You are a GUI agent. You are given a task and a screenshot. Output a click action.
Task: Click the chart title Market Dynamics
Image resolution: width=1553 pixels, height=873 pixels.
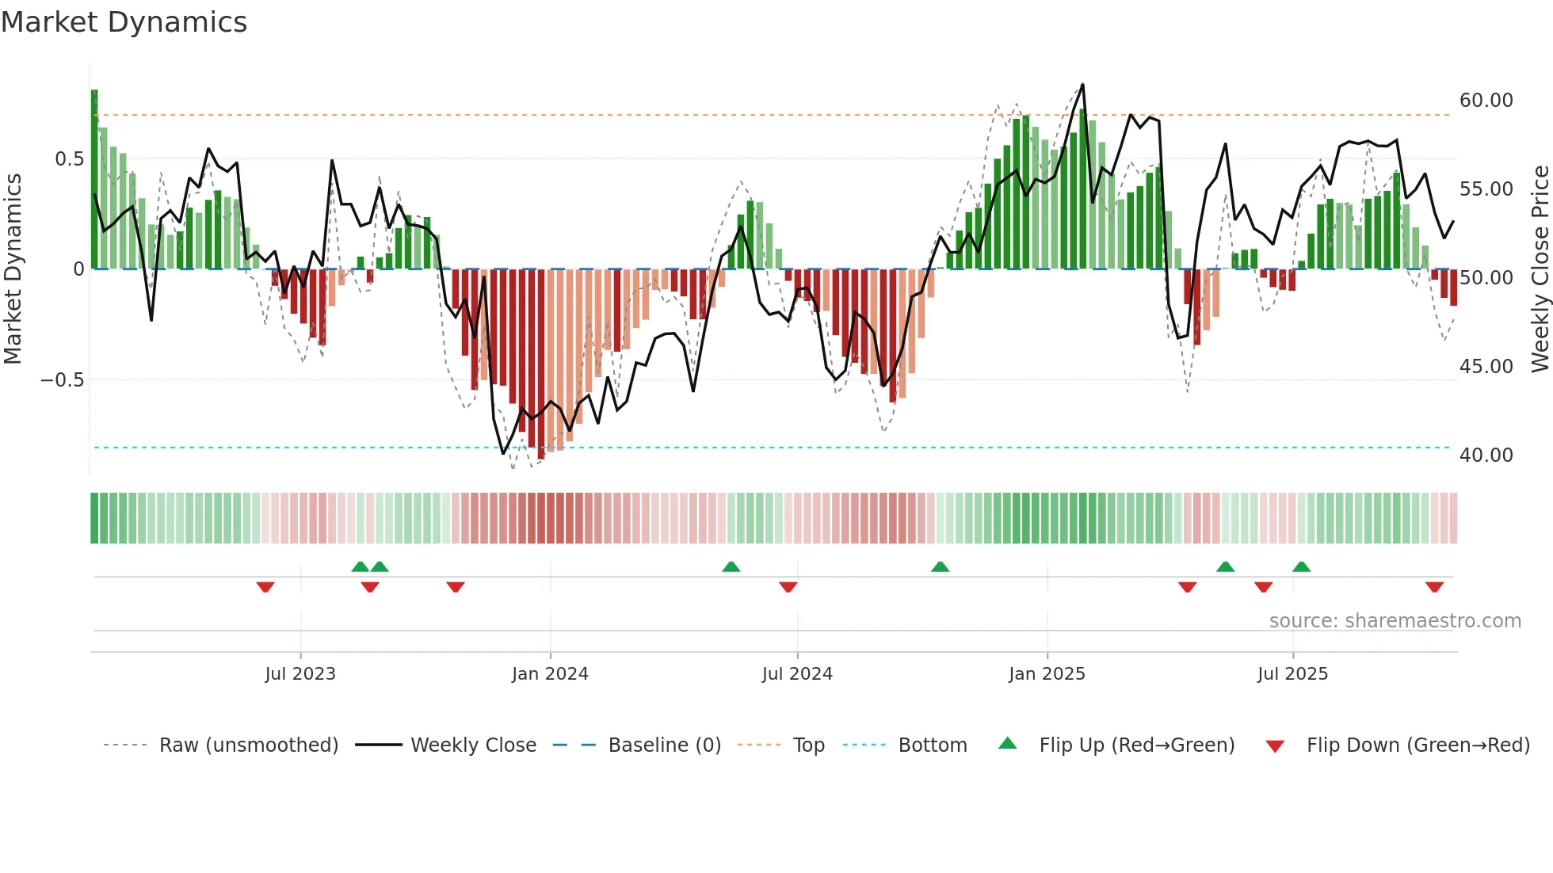[124, 22]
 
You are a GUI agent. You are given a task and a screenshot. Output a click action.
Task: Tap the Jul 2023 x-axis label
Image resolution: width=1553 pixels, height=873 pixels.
[300, 674]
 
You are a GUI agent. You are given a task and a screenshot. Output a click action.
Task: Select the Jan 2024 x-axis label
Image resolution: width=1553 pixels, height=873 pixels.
[550, 674]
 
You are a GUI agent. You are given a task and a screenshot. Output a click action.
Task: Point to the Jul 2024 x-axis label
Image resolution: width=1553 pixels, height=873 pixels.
[797, 674]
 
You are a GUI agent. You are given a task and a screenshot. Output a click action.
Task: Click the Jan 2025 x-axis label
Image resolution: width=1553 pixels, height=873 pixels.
[1047, 674]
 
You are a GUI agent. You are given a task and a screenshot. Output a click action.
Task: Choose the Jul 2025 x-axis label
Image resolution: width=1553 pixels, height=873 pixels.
[1292, 674]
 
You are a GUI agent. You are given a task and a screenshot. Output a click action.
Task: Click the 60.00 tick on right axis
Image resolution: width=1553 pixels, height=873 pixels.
[1486, 101]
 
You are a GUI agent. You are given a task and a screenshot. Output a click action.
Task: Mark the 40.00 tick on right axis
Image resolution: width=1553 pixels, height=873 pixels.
[1486, 456]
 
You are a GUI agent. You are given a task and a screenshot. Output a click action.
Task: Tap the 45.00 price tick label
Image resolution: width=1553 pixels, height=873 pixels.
[1486, 367]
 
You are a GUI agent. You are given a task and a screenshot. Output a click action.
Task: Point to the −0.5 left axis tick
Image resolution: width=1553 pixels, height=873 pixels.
[63, 380]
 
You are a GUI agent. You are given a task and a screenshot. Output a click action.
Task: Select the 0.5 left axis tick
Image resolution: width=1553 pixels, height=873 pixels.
[69, 159]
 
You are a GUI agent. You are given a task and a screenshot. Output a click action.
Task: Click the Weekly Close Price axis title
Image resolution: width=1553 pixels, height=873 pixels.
[1540, 269]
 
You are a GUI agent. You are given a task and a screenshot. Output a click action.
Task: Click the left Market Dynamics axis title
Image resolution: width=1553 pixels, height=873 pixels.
[13, 269]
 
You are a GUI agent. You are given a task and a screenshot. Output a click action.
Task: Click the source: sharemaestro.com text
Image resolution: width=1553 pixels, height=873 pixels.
[1395, 621]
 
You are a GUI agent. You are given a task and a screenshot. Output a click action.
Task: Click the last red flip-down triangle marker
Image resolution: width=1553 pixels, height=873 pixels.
[1434, 587]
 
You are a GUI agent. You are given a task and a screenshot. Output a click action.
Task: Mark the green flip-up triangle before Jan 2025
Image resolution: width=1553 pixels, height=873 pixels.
[940, 566]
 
